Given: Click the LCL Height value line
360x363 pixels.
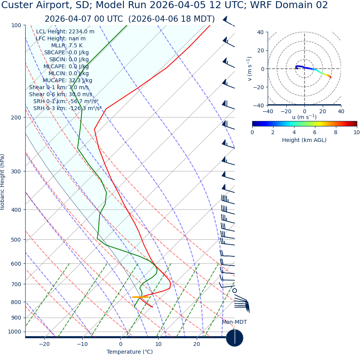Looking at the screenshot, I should (x=65, y=32).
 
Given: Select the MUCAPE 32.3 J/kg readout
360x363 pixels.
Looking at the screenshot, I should (x=67, y=81).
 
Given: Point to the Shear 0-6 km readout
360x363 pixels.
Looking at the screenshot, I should (x=61, y=95).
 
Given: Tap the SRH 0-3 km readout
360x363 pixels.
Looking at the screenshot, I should (x=67, y=109).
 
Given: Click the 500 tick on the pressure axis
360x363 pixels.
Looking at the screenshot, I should (x=16, y=240).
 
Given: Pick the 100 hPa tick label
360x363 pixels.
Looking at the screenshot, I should (x=16, y=26).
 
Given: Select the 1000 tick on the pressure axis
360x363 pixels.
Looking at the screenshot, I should (x=14, y=332).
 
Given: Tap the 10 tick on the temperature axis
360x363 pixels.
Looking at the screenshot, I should (x=159, y=344).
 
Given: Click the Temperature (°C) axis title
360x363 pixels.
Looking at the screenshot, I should (x=130, y=352).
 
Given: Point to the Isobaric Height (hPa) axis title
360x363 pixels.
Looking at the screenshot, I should (x=3, y=182).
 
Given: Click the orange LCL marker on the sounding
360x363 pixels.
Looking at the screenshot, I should (x=140, y=297).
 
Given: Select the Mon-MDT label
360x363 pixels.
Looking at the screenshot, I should (x=234, y=322).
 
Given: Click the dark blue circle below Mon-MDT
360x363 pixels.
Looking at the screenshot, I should (x=234, y=338).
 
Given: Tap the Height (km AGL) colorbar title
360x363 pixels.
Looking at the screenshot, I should (x=304, y=140).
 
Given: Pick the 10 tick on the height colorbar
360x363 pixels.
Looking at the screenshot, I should (x=356, y=133).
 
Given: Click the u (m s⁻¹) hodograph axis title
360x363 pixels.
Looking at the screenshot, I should (x=304, y=117).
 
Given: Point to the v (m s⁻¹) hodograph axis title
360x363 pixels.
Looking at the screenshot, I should (x=249, y=69).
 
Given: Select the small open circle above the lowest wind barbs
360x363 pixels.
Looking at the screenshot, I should (x=234, y=290).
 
